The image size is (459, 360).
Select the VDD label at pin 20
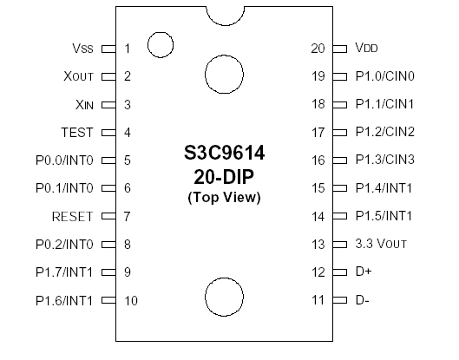(366, 49)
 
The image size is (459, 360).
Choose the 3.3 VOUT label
(380, 244)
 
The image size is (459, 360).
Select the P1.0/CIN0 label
(385, 76)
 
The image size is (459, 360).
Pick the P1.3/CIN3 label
(385, 160)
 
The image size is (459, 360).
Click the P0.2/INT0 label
(64, 245)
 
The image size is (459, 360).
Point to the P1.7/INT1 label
(64, 272)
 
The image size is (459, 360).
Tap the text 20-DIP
(225, 177)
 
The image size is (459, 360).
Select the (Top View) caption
(225, 198)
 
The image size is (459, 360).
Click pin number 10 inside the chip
(130, 301)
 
